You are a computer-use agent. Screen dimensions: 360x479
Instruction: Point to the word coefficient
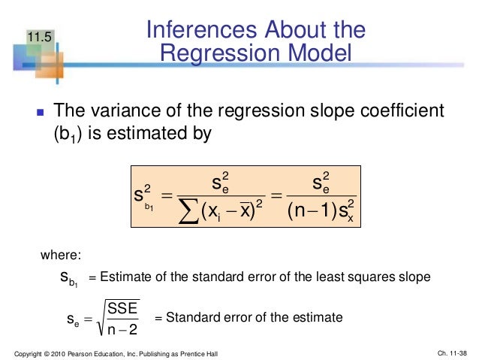pyautogui.click(x=405, y=111)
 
